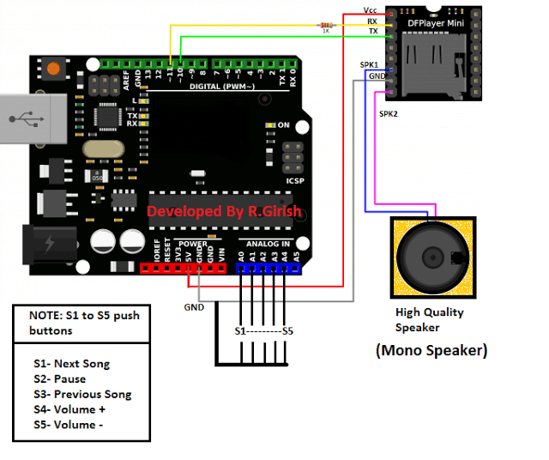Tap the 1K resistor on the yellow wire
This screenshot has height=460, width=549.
coord(325,26)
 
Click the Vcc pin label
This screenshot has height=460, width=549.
coord(370,10)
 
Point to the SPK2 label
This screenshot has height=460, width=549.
coord(388,112)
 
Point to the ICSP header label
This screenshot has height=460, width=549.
coord(294,181)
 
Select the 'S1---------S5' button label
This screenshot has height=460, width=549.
coord(263,330)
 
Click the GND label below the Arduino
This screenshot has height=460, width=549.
coord(194,306)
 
